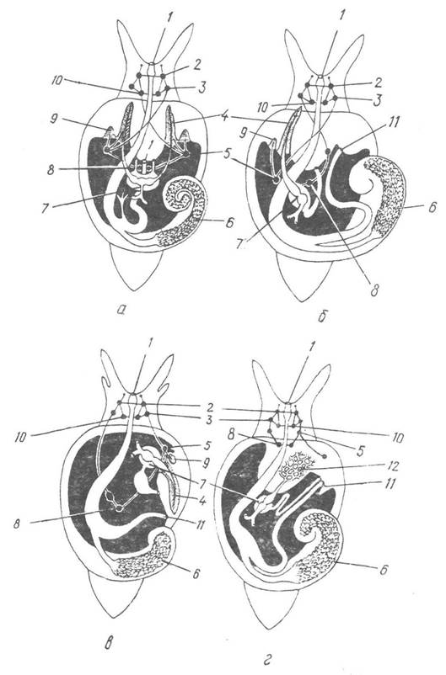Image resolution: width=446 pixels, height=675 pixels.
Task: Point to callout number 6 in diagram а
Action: coord(229,222)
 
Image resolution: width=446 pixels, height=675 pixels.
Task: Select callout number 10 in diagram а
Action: coord(56,81)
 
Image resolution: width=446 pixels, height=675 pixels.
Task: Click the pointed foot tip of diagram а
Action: coord(137,289)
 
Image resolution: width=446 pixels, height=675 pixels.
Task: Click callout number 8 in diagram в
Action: coord(18,524)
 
